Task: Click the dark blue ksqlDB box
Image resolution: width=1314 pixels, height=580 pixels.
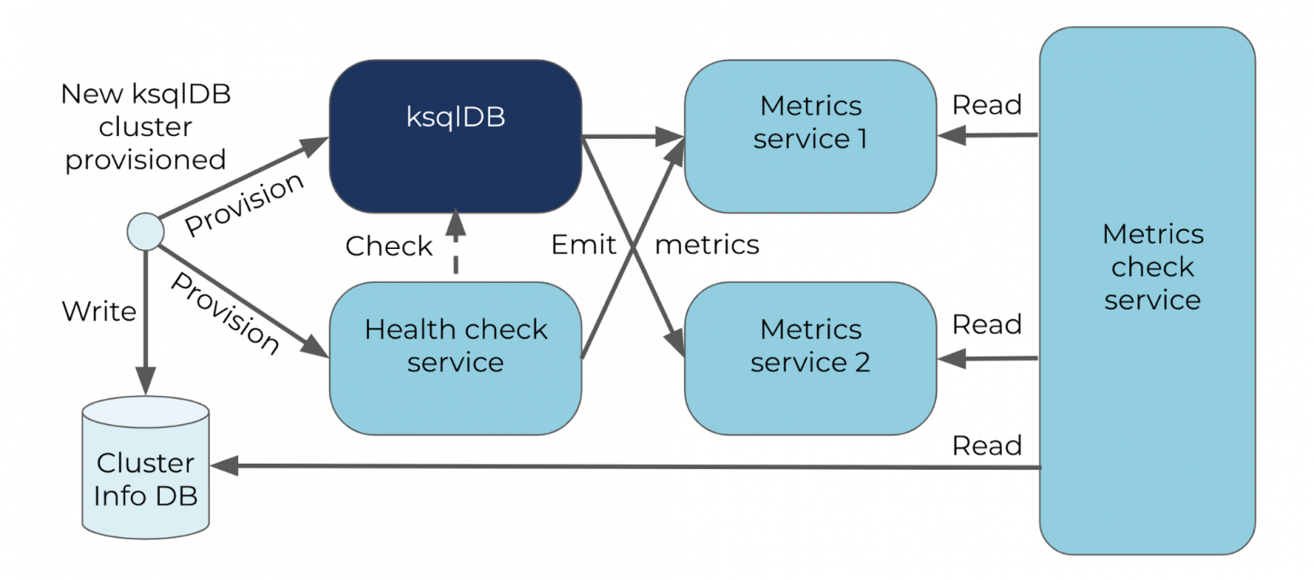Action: click(x=455, y=137)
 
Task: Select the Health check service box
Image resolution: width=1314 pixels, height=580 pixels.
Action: click(x=455, y=358)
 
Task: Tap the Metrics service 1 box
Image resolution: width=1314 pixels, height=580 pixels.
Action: click(x=810, y=137)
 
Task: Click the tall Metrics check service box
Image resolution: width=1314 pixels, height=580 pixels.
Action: click(x=1147, y=291)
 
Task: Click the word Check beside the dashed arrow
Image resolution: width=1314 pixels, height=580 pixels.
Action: click(x=388, y=246)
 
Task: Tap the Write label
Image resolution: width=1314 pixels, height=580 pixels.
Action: click(x=99, y=311)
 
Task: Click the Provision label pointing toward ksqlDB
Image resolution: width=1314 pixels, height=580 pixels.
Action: click(x=245, y=204)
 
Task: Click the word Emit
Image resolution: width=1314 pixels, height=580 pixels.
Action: click(x=583, y=246)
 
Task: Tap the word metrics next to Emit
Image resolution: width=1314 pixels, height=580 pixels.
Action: click(x=707, y=246)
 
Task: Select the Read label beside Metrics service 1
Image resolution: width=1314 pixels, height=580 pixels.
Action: click(x=987, y=105)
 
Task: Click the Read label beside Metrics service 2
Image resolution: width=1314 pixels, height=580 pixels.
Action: click(x=987, y=325)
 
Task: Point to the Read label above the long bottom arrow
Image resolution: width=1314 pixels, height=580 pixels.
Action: click(x=987, y=446)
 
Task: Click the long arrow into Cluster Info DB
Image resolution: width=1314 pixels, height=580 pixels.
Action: click(x=624, y=466)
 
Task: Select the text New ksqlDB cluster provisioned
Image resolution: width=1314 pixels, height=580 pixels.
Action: click(x=145, y=127)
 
